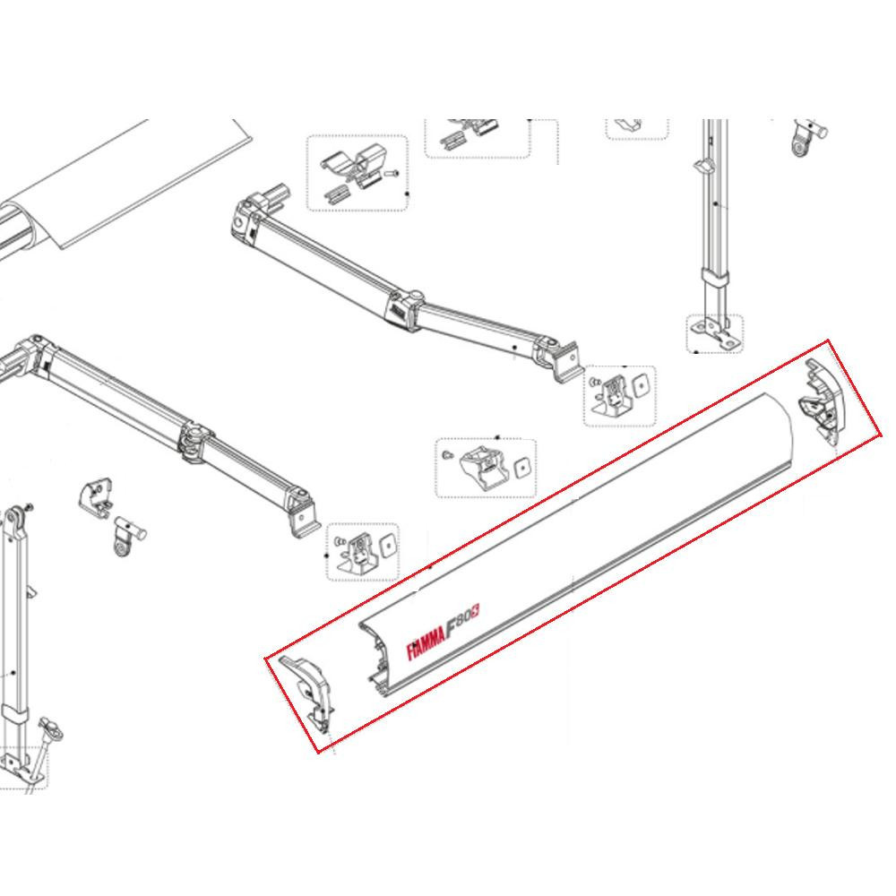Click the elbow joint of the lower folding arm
click(x=192, y=442)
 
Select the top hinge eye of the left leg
click(x=16, y=519)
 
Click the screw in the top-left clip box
click(x=391, y=174)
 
